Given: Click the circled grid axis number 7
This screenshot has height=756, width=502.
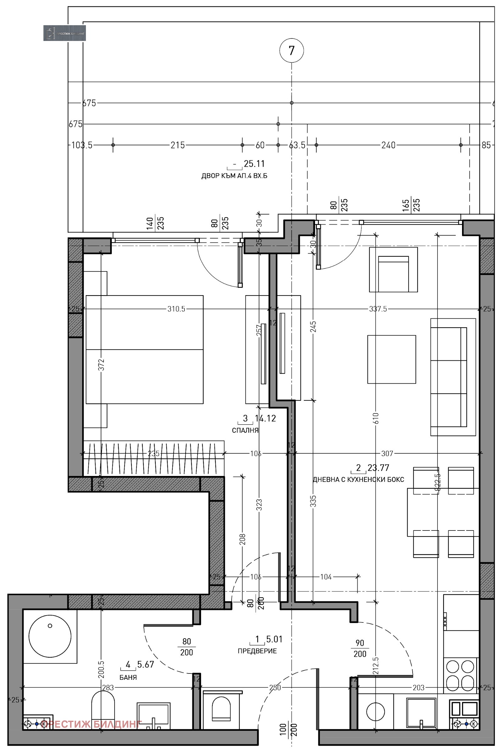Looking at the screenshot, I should point(291,51).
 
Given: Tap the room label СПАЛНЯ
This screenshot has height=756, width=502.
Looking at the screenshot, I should point(245,430).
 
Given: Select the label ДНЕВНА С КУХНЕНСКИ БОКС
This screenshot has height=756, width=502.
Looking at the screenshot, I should point(358,479).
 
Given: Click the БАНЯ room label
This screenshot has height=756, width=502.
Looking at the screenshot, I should point(128,677).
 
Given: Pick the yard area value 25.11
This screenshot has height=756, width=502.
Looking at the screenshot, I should point(254,164).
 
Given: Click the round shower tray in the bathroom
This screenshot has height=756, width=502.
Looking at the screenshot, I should point(50,636).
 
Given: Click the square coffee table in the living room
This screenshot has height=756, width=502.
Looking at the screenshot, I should point(391,359).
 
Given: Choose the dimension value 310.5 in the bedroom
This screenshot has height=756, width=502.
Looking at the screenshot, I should point(176,309).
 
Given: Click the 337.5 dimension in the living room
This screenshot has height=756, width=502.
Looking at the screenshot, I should point(378,309).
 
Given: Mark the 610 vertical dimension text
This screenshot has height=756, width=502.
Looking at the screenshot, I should point(375,418).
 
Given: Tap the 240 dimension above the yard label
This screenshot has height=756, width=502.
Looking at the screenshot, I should point(388,145).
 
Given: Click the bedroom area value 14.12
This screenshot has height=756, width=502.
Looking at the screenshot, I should point(265,418).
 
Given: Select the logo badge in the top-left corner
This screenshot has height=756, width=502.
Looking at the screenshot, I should point(64,33).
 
